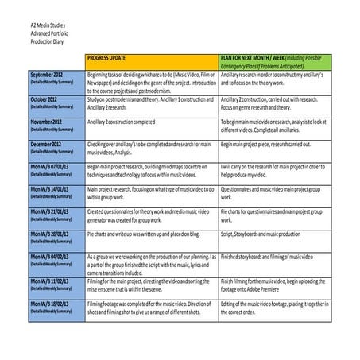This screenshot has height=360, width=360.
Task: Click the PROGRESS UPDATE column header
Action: [112, 59]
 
